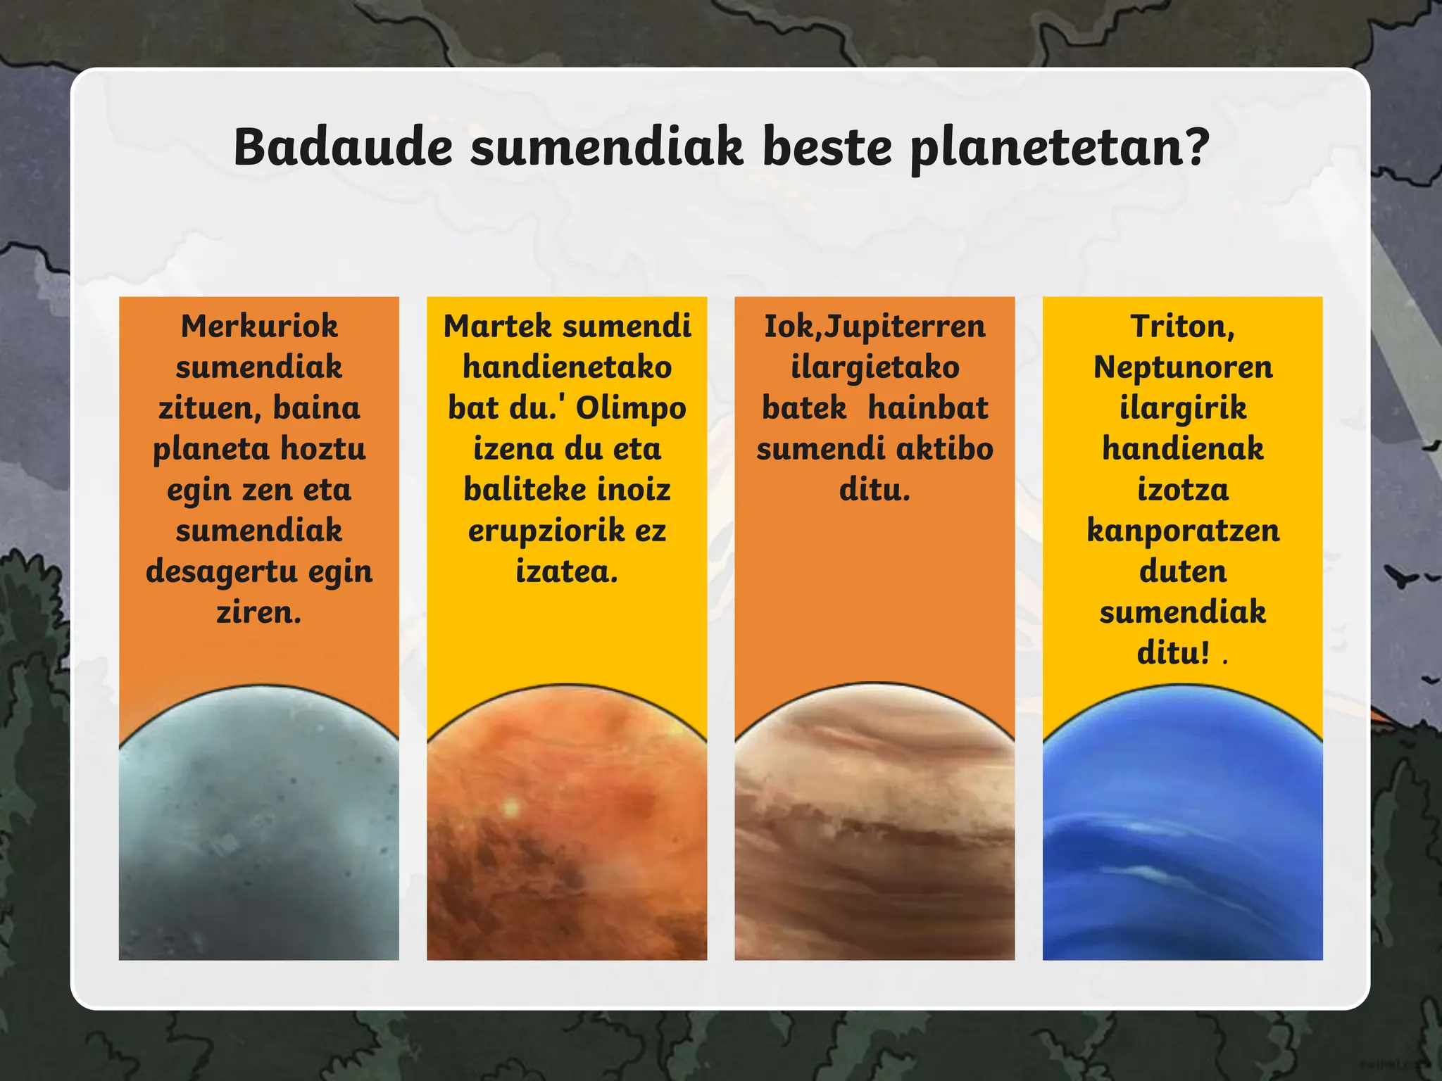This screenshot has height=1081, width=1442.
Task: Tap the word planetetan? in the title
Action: click(1059, 148)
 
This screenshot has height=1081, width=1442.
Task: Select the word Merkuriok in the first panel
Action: click(259, 326)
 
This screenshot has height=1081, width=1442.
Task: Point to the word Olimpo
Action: click(631, 408)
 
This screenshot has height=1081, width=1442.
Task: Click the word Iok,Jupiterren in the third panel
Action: click(874, 327)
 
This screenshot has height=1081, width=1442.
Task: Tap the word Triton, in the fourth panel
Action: click(1182, 327)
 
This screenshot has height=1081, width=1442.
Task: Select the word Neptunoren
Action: click(1182, 367)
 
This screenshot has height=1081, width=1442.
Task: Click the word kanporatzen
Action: click(1182, 531)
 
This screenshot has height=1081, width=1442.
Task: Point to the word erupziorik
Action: click(546, 531)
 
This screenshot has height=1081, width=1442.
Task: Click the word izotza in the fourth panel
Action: click(1182, 490)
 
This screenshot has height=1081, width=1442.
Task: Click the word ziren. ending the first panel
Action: click(259, 612)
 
